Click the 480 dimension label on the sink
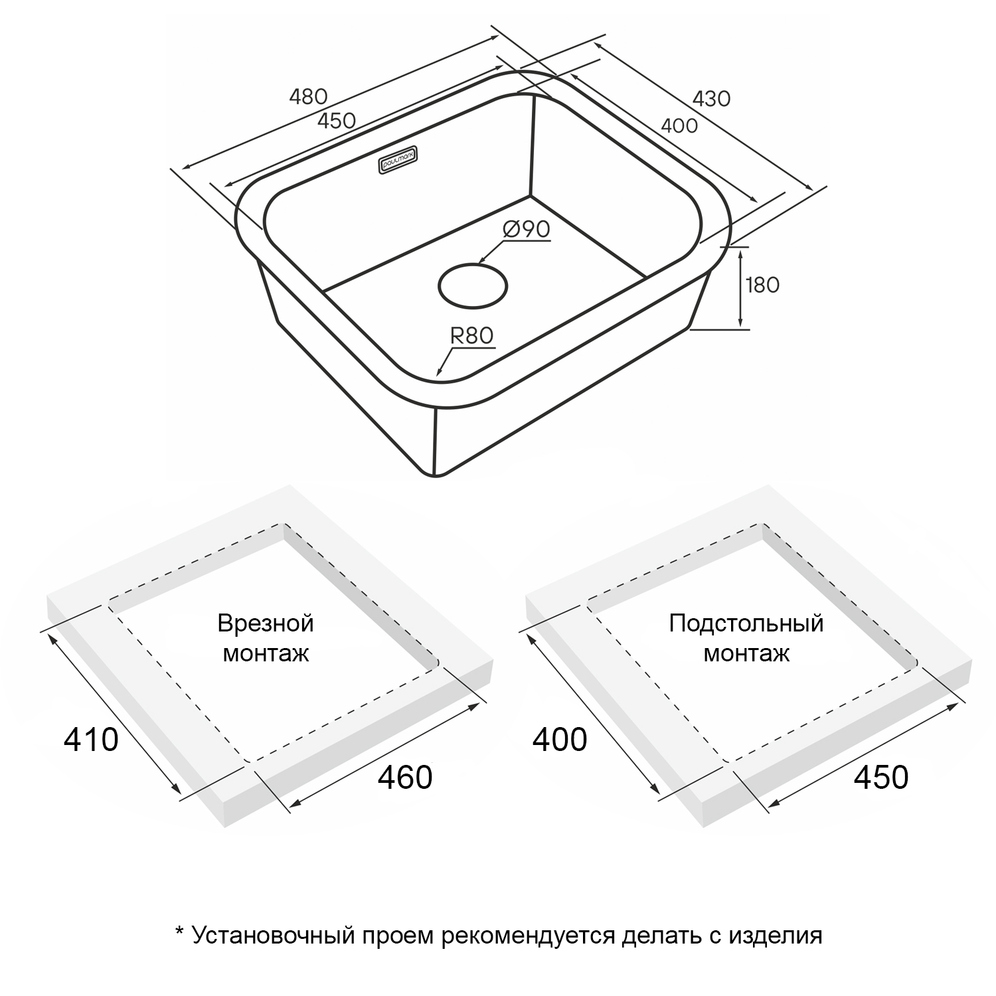[309, 97]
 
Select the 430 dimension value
[712, 98]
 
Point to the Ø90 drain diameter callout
[527, 230]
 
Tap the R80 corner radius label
[472, 336]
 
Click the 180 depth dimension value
[762, 285]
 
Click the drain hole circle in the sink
[473, 286]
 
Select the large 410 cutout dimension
[91, 739]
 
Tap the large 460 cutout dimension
[405, 777]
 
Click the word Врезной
[266, 623]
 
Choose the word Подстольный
[746, 623]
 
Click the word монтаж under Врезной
[266, 654]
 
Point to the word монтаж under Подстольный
[746, 654]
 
